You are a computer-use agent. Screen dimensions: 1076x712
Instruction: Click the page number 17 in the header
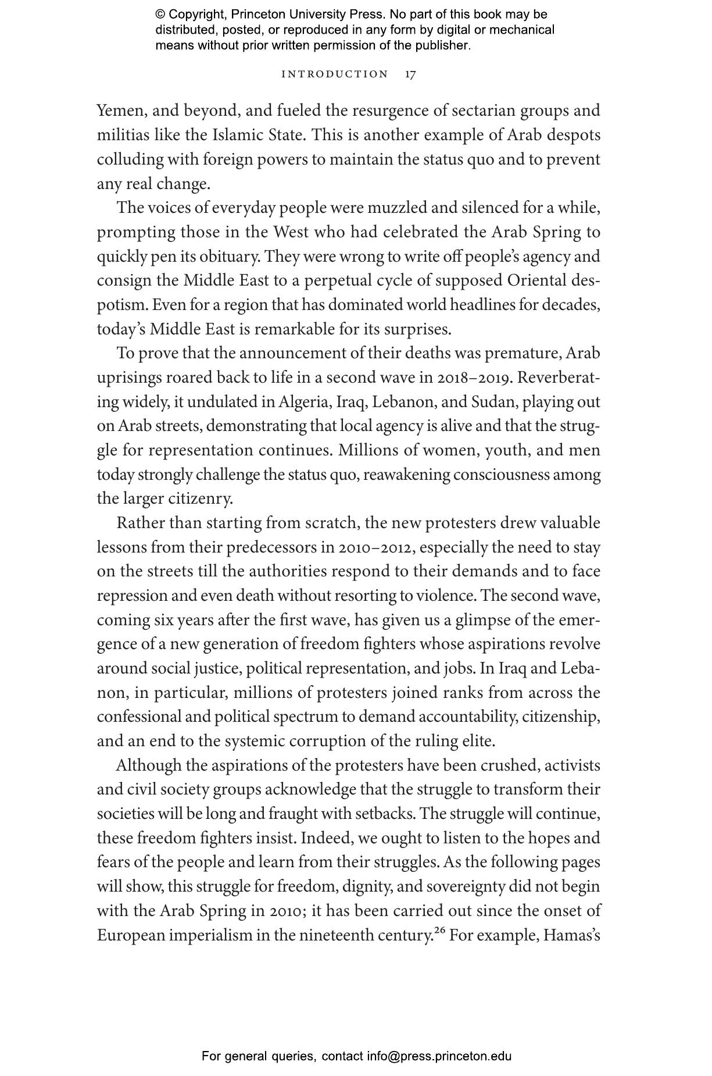[x=410, y=74]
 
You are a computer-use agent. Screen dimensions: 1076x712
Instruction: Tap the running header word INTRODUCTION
[x=335, y=74]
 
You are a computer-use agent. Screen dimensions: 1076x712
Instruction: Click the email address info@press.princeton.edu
[x=439, y=1056]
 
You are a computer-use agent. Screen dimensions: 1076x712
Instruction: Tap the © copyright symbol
[x=160, y=15]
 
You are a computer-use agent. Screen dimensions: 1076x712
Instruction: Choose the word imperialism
[x=228, y=936]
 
